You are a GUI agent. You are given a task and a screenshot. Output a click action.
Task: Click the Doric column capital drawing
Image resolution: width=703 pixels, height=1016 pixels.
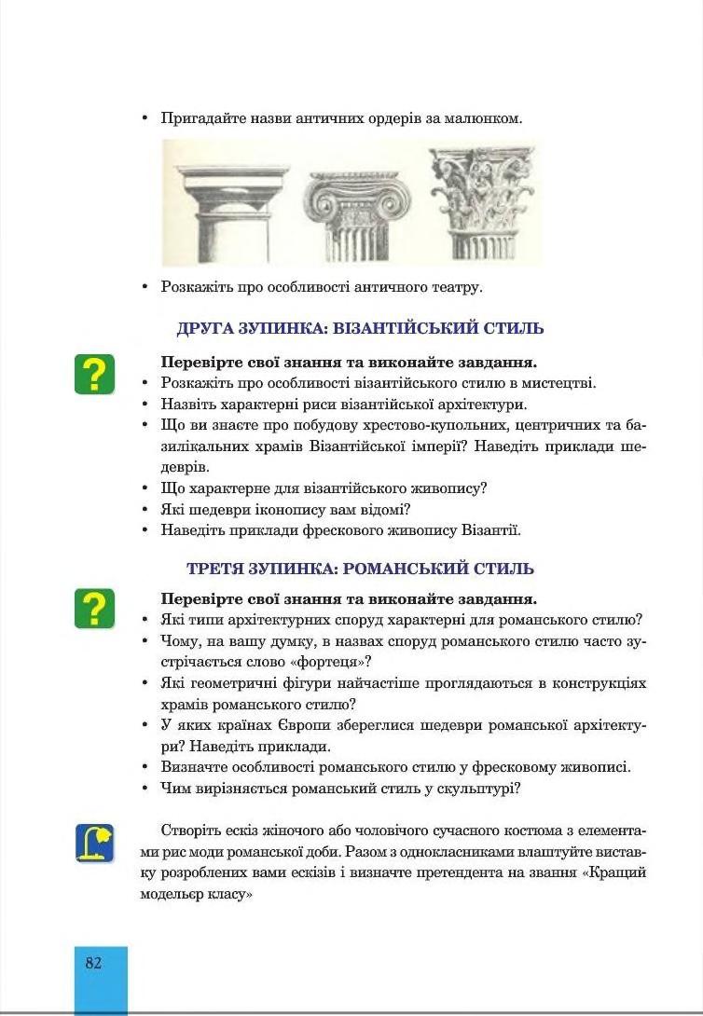[220, 200]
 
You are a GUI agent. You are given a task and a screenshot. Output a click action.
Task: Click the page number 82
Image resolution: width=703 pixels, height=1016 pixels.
[93, 963]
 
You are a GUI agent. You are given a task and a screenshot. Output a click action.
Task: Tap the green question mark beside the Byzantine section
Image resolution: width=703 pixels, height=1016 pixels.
[94, 374]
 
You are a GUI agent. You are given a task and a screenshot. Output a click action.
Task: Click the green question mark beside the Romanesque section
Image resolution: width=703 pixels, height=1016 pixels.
[94, 608]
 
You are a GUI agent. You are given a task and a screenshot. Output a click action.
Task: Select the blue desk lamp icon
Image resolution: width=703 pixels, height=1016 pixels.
[94, 843]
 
